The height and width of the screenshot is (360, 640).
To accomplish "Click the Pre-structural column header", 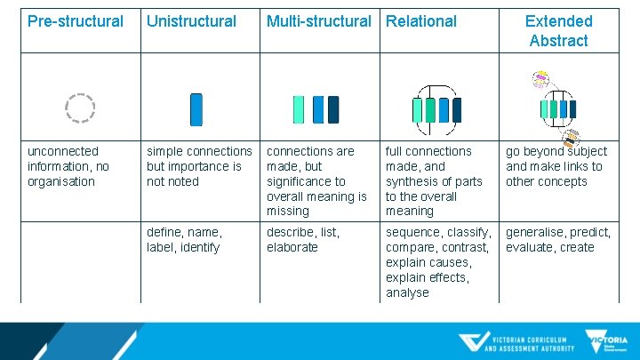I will point(76,21).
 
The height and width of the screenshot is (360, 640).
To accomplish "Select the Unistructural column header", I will point(191,21).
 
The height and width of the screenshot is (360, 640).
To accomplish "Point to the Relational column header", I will point(421,21).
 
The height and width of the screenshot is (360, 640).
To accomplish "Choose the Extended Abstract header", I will point(558,31).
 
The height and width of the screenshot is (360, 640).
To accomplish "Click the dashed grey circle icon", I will point(80,108).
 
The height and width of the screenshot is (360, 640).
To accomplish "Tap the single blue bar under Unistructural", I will point(196,109).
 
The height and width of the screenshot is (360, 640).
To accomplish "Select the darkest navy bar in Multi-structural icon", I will point(333,109).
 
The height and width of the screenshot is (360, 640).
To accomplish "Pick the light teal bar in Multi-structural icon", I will point(300,109).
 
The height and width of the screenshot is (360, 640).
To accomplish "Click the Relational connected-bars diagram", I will point(436,107).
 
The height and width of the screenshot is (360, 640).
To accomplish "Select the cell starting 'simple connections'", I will point(199,166).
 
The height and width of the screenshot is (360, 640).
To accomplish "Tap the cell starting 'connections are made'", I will point(316,181).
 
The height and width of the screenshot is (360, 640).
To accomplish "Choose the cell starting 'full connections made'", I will point(434,181).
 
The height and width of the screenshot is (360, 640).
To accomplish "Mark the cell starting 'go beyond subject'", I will point(556,166).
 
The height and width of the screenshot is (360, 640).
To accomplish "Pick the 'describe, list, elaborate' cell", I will point(302,240).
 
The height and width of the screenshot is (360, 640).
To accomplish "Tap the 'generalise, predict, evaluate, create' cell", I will point(558,240).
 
